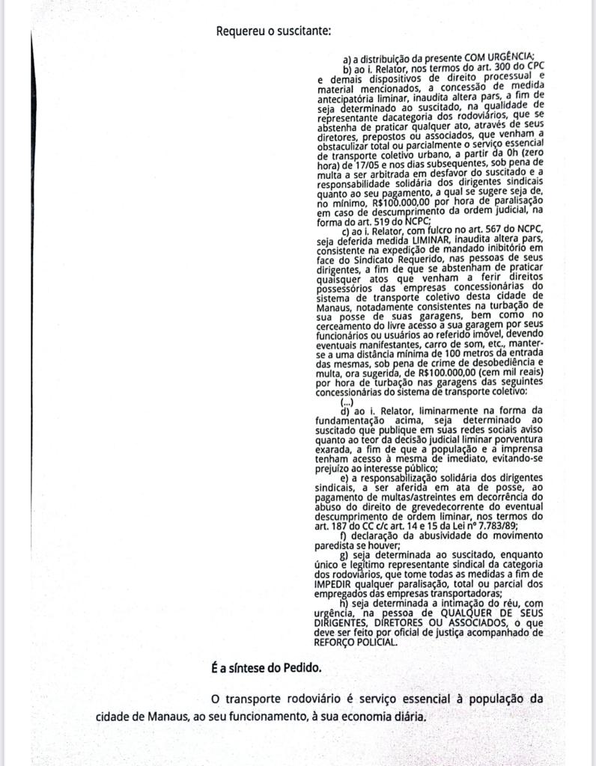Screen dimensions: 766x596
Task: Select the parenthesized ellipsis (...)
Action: pyautogui.click(x=347, y=401)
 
